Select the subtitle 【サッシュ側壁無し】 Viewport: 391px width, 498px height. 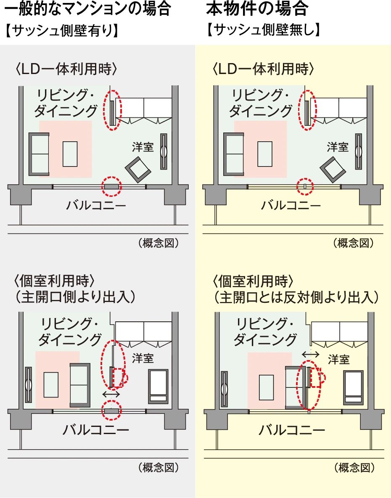point(264,30)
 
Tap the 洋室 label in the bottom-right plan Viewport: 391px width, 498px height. point(338,360)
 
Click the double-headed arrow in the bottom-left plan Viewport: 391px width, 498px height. point(111,395)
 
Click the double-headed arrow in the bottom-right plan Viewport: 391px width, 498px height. point(311,355)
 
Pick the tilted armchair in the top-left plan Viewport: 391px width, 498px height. point(138,169)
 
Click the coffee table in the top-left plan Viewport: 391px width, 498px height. point(70,154)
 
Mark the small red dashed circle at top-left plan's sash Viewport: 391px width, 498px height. point(112,186)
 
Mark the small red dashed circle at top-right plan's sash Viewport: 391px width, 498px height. point(306,186)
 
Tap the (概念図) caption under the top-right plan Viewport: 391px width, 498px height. point(354,243)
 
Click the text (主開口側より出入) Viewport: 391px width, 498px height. point(75,297)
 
